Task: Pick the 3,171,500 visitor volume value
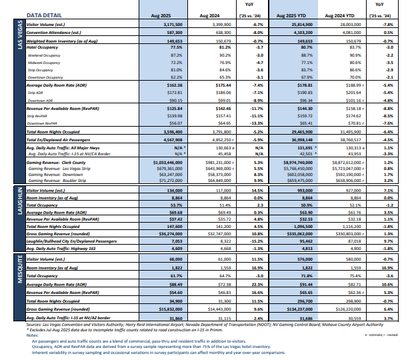point(171,24)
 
